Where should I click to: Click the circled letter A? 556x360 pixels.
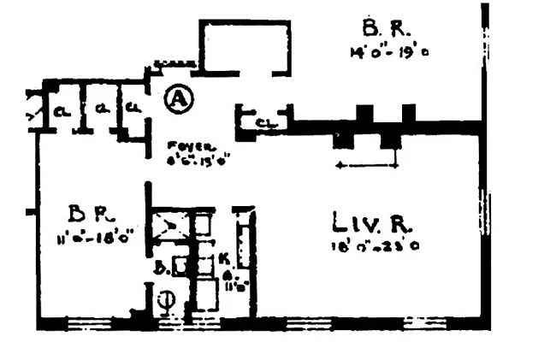[177, 99]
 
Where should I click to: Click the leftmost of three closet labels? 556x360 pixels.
[62, 110]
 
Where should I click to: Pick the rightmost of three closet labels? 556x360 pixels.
[133, 109]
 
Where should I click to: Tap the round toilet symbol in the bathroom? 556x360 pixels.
[167, 301]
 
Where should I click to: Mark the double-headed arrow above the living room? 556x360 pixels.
[368, 164]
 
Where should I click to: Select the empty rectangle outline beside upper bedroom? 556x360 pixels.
[245, 45]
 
